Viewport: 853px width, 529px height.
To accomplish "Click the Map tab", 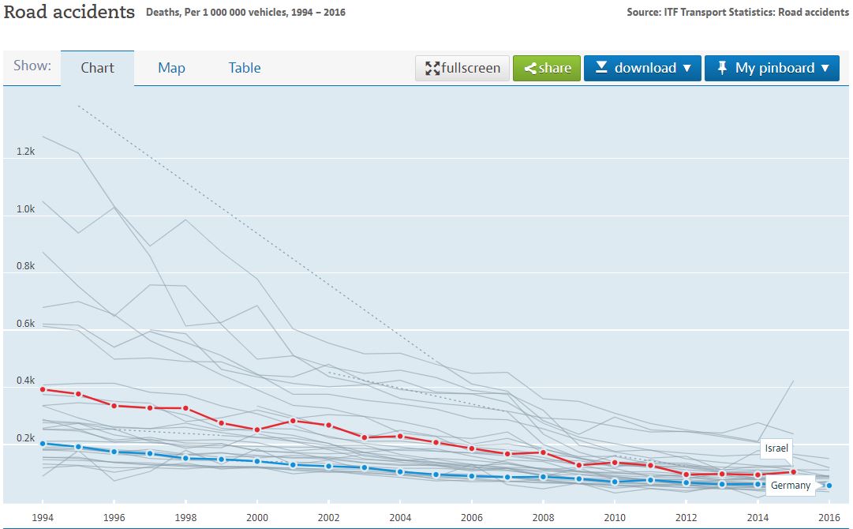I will tap(171, 68).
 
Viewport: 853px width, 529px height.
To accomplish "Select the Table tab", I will tap(245, 68).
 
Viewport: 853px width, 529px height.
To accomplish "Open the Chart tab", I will tap(97, 68).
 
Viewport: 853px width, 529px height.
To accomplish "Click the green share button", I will tap(547, 68).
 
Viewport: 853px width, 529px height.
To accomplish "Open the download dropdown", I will tap(642, 68).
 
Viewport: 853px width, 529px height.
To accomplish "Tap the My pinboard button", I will tap(773, 68).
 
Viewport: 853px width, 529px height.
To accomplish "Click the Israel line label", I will tap(776, 448).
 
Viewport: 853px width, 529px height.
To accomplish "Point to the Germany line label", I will tap(791, 485).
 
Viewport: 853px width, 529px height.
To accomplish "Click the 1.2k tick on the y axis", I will tap(25, 151).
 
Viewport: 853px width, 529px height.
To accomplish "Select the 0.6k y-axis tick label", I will tap(25, 323).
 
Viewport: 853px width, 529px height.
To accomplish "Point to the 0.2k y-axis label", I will tap(25, 438).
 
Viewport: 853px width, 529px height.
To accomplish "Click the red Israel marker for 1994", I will tap(43, 389).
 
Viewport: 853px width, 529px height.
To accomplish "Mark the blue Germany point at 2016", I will tap(829, 486).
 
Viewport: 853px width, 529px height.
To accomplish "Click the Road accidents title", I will tap(69, 13).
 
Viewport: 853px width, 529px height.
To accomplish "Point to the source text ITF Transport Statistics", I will tap(738, 13).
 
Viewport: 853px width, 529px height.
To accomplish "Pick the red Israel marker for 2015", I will tap(794, 472).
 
